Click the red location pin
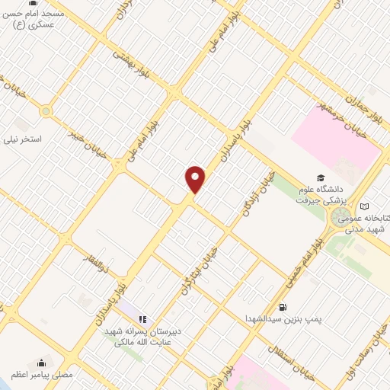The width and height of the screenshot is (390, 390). [x=196, y=179]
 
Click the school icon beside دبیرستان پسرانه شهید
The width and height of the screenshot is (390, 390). [x=142, y=319]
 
